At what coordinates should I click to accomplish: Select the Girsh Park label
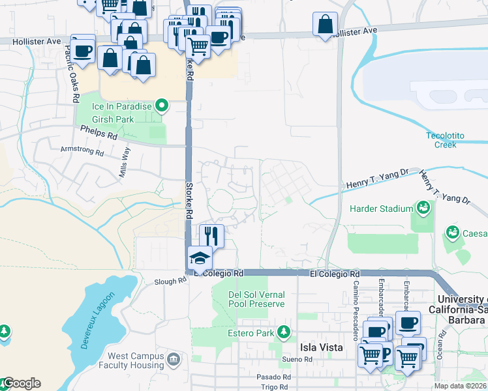113,119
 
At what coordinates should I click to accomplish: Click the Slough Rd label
170,282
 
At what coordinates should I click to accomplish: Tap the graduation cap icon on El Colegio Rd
200,258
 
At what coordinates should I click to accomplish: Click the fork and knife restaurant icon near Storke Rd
211,235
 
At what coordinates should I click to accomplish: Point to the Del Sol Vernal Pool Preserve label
256,299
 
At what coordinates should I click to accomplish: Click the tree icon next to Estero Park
284,333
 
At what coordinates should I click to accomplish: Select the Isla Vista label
321,347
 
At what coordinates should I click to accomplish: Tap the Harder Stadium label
381,209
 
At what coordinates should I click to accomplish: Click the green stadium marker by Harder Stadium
423,208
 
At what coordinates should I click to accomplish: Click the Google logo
22,383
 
